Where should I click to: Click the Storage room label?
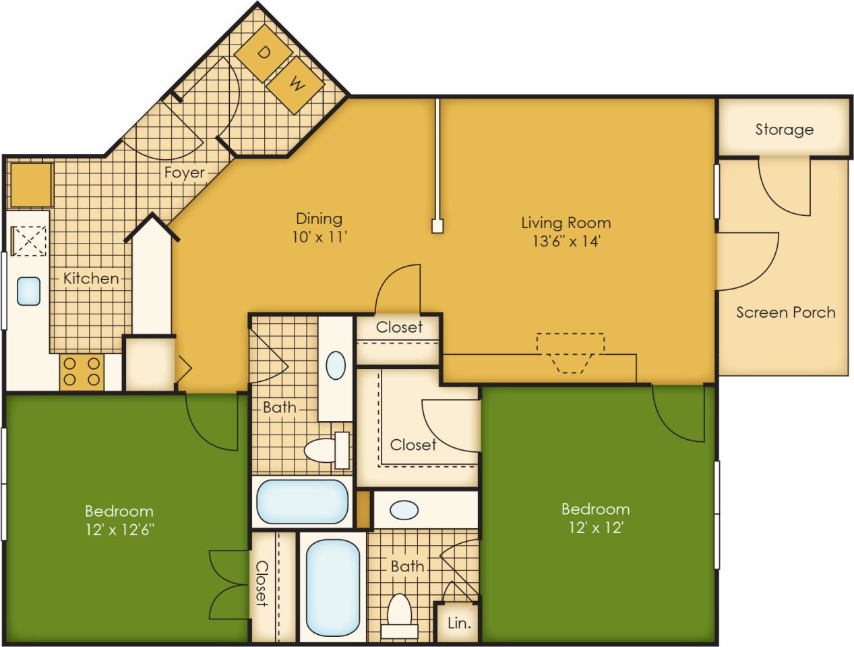784,130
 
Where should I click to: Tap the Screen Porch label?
785,312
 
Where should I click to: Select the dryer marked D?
264,53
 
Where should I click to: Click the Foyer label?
184,173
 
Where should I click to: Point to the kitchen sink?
28,291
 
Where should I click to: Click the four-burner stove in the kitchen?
81,372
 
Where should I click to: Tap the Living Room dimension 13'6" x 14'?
566,242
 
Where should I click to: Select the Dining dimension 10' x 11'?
319,237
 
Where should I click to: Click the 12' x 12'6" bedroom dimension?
119,530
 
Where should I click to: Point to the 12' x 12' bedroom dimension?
595,528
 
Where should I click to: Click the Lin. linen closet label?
459,623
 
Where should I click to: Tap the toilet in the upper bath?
326,449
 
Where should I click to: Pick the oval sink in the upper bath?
335,366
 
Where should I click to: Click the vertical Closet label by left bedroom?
262,583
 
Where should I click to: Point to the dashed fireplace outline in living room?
570,351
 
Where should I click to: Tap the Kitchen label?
91,278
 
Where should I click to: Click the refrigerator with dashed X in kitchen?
30,241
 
